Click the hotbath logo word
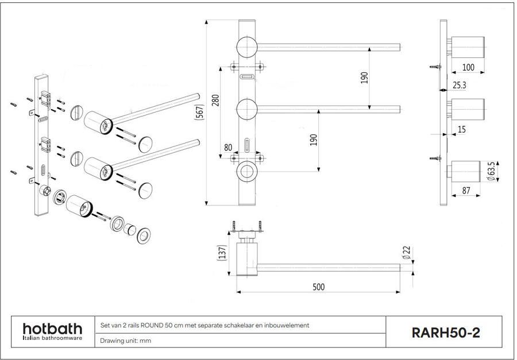[x=52, y=328]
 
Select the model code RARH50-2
[x=445, y=332]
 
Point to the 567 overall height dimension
[x=199, y=113]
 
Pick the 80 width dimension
[x=229, y=148]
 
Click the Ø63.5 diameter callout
[x=492, y=171]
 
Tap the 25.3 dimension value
[x=460, y=85]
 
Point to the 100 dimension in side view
[x=468, y=67]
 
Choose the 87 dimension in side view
[x=466, y=190]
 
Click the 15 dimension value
[x=461, y=130]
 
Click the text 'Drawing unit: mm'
[x=126, y=340]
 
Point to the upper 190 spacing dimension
[x=364, y=78]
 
